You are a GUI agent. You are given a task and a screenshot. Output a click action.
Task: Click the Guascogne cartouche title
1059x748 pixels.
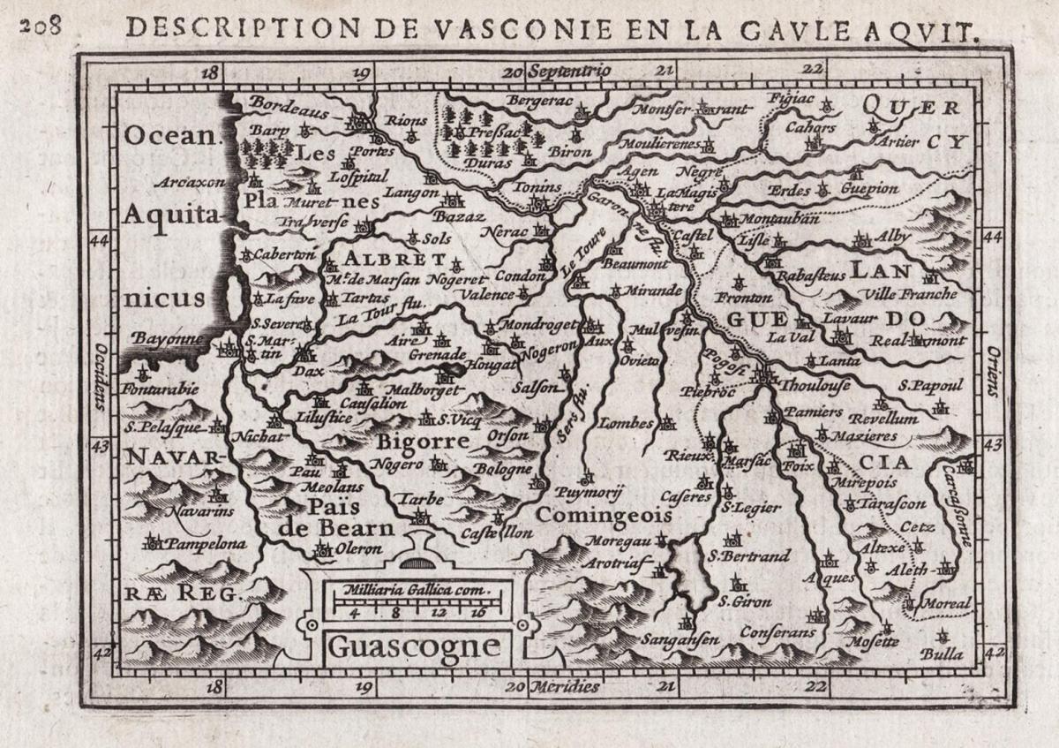point(414,646)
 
